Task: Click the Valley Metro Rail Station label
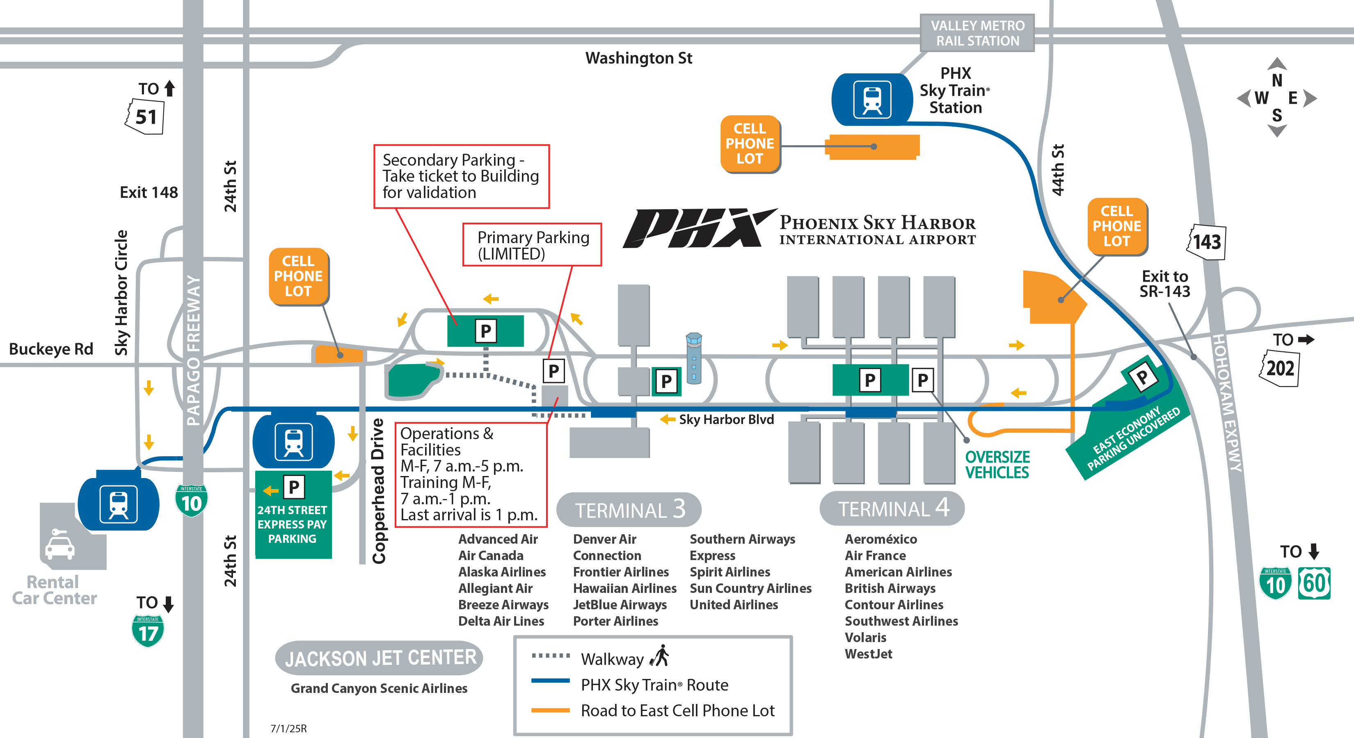[x=977, y=33]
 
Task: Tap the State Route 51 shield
[x=145, y=116]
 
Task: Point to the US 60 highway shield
[x=1314, y=583]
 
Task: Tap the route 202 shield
[x=1279, y=369]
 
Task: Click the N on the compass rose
[x=1277, y=80]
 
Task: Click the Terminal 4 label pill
[x=892, y=508]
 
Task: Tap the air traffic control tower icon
[x=694, y=358]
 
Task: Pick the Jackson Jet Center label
[x=380, y=658]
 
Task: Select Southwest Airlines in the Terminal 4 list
[x=901, y=621]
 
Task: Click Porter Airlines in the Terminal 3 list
[x=615, y=621]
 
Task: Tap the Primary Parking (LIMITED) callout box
[x=532, y=245]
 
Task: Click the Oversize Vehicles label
[x=997, y=465]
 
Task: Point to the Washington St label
[x=638, y=58]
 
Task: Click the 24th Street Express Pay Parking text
[x=292, y=524]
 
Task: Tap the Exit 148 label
[x=149, y=192]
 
